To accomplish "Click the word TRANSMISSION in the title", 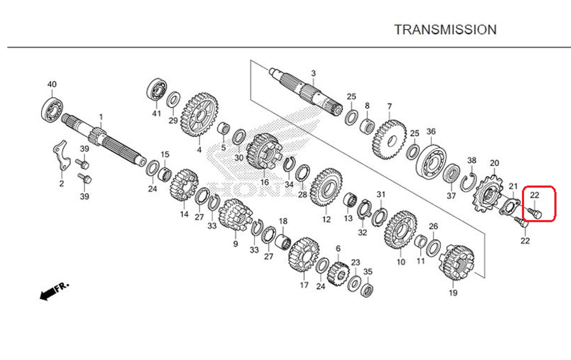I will pyautogui.click(x=445, y=30).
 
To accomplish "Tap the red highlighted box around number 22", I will pyautogui.click(x=540, y=204).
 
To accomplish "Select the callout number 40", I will pyautogui.click(x=52, y=84).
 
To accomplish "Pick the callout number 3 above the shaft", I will pyautogui.click(x=313, y=73).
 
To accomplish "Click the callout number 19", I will pyautogui.click(x=453, y=293).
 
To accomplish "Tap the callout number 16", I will pyautogui.click(x=264, y=183).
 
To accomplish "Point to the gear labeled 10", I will pyautogui.click(x=400, y=232).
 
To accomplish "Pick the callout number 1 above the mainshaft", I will pyautogui.click(x=100, y=116).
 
